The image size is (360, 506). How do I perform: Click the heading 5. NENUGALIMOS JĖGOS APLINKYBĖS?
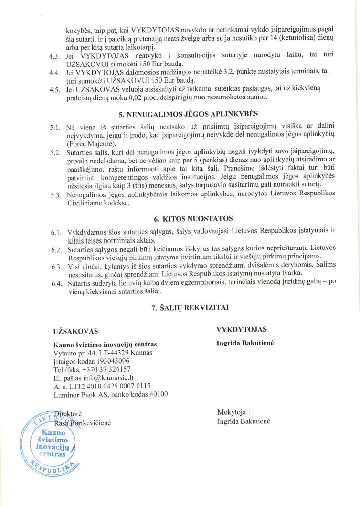(188, 115)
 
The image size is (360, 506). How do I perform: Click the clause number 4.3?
(57, 56)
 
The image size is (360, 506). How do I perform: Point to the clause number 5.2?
(57, 153)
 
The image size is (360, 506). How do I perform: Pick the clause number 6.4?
(57, 284)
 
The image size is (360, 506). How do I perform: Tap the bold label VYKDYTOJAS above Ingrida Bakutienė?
(241, 329)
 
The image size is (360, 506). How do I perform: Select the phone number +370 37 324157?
(106, 369)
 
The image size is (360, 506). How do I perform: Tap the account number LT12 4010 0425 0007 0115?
(110, 385)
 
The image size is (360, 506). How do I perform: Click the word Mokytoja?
(231, 412)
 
